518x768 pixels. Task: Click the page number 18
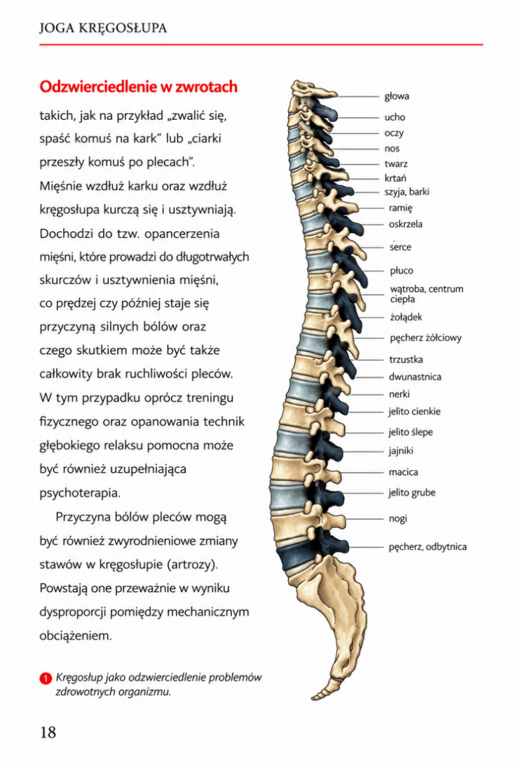(48, 732)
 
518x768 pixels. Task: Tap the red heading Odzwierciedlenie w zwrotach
(138, 87)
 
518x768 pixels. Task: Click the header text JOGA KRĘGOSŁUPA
(103, 28)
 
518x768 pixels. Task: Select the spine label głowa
(396, 96)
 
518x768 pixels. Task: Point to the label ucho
(394, 117)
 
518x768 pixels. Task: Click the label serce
(400, 247)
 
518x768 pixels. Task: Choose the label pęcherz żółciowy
(425, 338)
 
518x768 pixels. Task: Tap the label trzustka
(406, 360)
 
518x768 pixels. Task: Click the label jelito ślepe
(411, 432)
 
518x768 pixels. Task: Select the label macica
(403, 472)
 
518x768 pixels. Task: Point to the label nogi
(398, 518)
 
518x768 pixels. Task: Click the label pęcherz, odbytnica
(427, 547)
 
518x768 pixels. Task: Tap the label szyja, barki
(407, 192)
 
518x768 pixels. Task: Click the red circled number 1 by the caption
(45, 678)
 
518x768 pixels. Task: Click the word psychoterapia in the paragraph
(80, 493)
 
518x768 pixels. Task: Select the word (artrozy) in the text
(192, 564)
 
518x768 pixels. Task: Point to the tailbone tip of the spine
(313, 696)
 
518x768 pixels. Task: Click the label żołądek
(406, 318)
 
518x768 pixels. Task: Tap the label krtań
(395, 179)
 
